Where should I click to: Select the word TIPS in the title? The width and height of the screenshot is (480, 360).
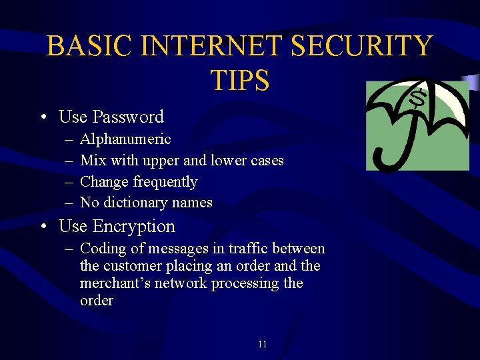(x=240, y=80)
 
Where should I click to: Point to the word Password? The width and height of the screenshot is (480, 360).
(x=128, y=117)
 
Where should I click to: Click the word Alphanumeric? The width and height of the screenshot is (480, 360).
(x=125, y=139)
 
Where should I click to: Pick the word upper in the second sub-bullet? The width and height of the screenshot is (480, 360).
(x=160, y=161)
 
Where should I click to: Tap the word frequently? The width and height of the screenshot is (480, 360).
(x=165, y=182)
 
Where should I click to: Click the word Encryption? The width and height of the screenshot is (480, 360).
(x=134, y=227)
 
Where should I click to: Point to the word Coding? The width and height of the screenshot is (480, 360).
(x=101, y=249)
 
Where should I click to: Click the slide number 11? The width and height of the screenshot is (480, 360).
(x=262, y=344)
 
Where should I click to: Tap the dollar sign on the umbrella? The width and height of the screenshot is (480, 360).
(x=418, y=99)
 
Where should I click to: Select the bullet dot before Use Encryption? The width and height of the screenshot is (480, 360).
(x=42, y=227)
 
